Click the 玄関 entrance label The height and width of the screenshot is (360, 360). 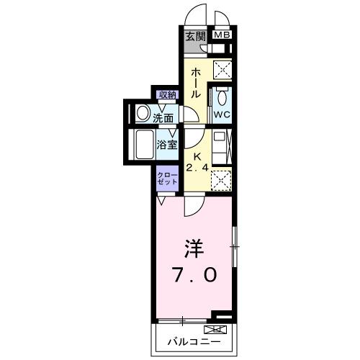(x=194, y=36)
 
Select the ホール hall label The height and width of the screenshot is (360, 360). (x=196, y=83)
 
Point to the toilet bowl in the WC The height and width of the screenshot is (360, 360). (x=220, y=98)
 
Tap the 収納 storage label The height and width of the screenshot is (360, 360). (x=168, y=94)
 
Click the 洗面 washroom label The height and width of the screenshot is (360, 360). (x=163, y=117)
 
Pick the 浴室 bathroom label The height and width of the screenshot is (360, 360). (x=167, y=144)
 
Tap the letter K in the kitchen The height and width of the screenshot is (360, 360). (x=194, y=156)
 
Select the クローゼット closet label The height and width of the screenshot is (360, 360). (x=167, y=179)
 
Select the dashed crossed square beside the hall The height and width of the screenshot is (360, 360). (x=222, y=71)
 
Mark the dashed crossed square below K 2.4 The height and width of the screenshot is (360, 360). (x=222, y=179)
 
